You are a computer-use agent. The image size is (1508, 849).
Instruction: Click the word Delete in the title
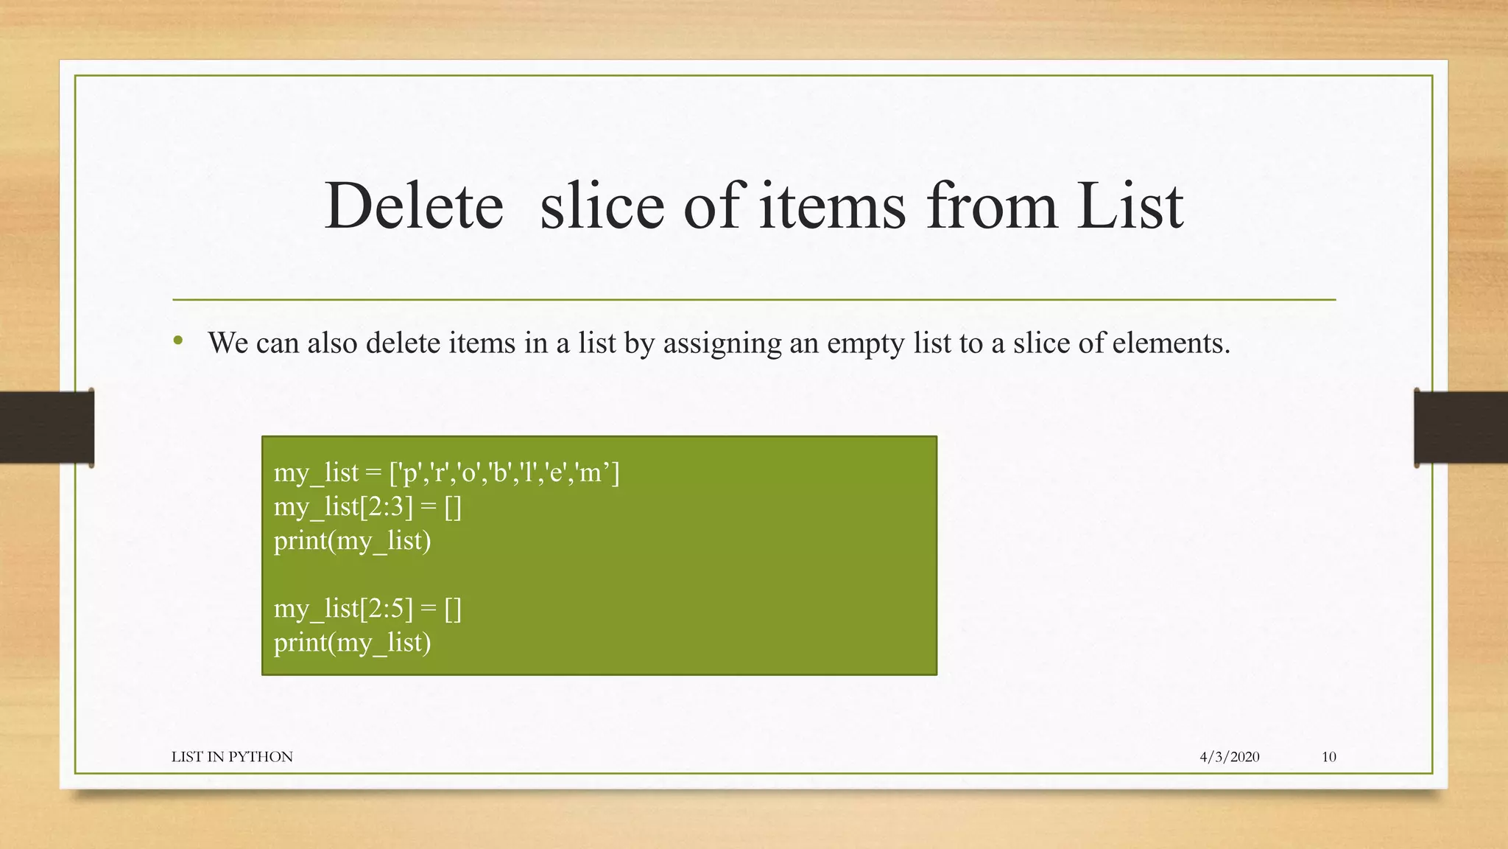(414, 206)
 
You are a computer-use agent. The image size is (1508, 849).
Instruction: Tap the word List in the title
(1130, 206)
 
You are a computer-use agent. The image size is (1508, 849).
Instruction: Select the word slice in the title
(602, 206)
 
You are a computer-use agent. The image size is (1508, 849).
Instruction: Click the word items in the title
(832, 206)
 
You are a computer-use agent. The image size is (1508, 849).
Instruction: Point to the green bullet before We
(177, 340)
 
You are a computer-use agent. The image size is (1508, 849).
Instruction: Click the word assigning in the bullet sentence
(722, 343)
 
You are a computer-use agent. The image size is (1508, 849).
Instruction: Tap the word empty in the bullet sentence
(864, 343)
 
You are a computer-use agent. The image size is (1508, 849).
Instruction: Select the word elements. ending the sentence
(1171, 343)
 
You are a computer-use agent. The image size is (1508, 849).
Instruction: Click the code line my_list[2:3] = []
(367, 507)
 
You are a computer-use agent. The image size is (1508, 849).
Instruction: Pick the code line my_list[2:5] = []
(367, 609)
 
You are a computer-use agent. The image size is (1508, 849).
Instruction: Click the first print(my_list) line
(352, 541)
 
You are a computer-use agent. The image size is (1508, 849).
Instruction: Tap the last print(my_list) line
(352, 643)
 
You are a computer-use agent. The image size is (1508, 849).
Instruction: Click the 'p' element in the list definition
(409, 473)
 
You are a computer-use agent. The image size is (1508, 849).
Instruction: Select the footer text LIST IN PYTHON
(232, 757)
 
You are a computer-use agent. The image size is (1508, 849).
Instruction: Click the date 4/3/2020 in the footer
(1229, 757)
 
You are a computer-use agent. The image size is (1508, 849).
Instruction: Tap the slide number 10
(1328, 757)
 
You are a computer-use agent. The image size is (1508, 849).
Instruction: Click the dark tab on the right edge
(1461, 427)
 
